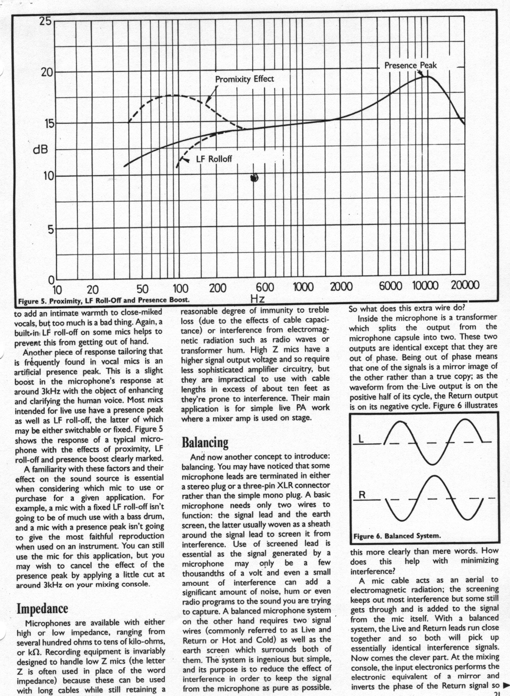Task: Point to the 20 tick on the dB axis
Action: tap(47, 72)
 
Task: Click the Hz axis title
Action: tap(258, 299)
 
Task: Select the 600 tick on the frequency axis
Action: tap(264, 287)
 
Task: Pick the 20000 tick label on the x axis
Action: tap(465, 285)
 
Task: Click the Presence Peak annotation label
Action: tap(410, 66)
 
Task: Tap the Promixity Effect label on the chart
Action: tap(245, 79)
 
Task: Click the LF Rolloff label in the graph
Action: tap(214, 159)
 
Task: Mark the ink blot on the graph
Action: tap(255, 178)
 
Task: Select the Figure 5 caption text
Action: tap(103, 300)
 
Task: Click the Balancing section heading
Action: tap(205, 442)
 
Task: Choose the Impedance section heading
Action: tap(42, 609)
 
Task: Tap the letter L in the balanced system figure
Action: tap(361, 439)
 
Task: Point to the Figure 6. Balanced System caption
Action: tap(397, 536)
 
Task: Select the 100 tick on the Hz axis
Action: tap(180, 289)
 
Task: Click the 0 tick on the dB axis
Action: tap(51, 280)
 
